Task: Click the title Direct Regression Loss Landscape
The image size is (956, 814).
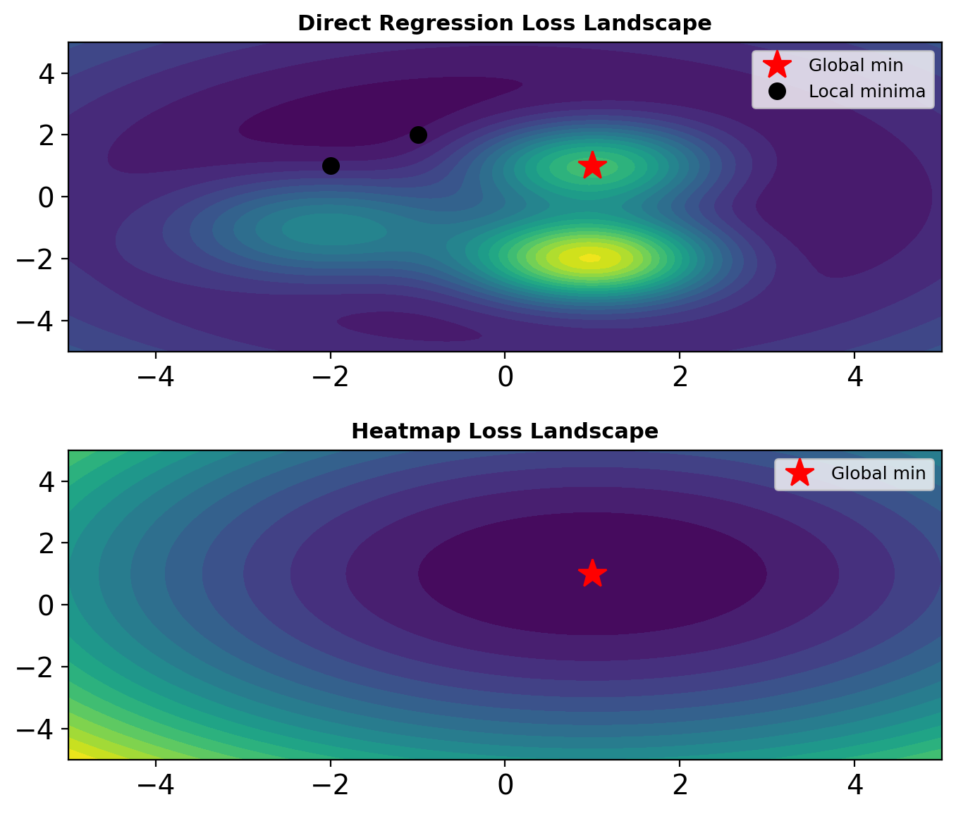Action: point(504,23)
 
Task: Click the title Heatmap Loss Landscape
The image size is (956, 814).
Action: point(504,431)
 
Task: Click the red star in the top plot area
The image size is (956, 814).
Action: point(592,165)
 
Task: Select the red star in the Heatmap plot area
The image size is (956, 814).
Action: point(592,573)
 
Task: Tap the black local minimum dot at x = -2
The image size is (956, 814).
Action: point(331,166)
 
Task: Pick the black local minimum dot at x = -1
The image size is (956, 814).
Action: point(418,135)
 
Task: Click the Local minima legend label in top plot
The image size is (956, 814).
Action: point(866,92)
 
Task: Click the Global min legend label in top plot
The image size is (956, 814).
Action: point(855,66)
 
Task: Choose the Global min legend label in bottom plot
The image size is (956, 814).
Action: point(878,474)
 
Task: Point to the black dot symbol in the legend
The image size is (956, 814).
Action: point(777,92)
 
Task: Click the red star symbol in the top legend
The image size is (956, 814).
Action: point(777,65)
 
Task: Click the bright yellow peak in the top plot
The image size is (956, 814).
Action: point(591,258)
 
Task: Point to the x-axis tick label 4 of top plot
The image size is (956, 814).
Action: point(854,377)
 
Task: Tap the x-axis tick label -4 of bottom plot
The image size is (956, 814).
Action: point(155,785)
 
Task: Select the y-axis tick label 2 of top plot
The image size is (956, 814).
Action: point(47,135)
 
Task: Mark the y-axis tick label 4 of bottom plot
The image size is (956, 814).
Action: point(47,481)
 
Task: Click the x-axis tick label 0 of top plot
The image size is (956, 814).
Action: point(505,377)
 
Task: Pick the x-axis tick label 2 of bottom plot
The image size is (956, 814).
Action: point(680,785)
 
